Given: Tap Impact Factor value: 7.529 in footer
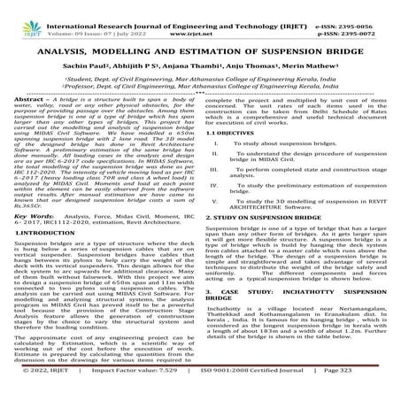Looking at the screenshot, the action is click(141, 386).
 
